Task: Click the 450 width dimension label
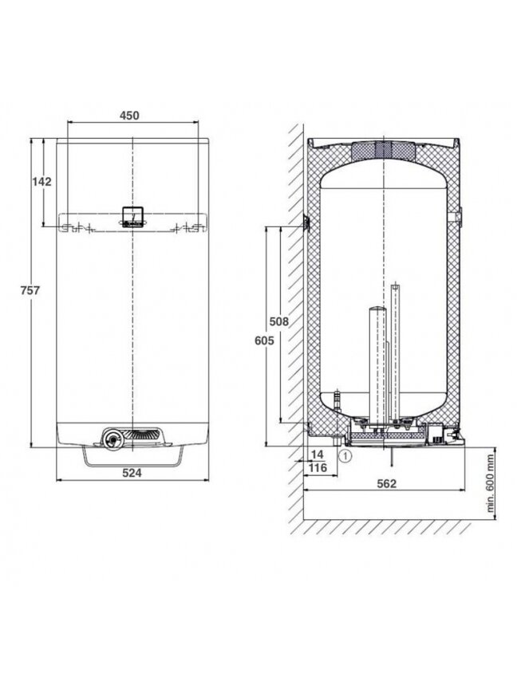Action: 129,115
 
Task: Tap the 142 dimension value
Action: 41,182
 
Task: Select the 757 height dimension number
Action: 30,290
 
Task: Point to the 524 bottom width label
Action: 132,473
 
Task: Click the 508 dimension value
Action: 279,321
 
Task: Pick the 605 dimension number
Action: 264,341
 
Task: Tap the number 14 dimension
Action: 317,455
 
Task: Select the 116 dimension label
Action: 318,468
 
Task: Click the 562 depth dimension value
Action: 387,484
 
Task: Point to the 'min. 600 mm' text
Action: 491,484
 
